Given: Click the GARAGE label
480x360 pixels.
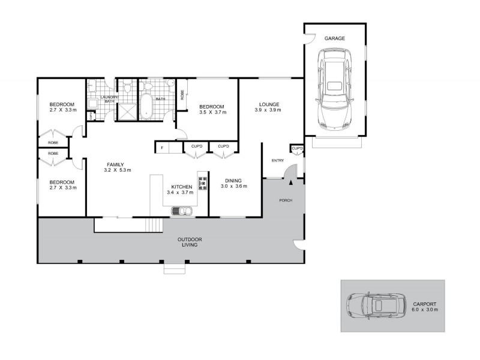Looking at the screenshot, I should point(335,38).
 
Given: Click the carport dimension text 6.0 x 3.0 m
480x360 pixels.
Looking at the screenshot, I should point(425,310).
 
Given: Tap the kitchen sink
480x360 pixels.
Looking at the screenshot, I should point(181,211).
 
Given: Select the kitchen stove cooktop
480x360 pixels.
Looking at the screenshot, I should point(202,183).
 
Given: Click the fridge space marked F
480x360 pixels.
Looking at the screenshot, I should point(161,148).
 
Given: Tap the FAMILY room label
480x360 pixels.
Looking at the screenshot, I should point(115,164).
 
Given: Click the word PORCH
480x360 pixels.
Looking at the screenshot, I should point(286,200).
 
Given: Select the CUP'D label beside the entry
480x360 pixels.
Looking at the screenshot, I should point(297,148).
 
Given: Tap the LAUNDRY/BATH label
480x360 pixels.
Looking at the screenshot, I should point(109,99).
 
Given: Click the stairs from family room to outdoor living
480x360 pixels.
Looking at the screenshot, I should point(155,225).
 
